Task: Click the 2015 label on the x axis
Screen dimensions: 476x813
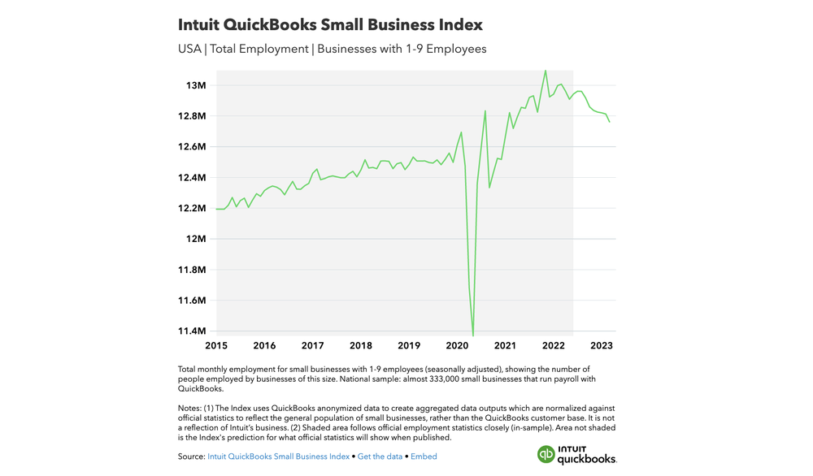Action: coord(216,345)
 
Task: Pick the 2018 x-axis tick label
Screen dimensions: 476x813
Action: coord(361,345)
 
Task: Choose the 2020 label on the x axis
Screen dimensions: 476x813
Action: coord(457,345)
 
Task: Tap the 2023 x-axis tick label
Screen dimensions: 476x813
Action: coord(602,345)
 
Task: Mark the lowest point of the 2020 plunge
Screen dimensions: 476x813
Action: coord(473,335)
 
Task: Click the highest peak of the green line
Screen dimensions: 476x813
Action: coord(546,71)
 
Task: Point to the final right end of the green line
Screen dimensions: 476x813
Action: coord(610,122)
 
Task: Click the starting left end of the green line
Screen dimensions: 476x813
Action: coord(217,209)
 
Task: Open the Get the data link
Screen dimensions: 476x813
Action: coord(380,457)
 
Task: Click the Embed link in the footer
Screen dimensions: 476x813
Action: coord(424,457)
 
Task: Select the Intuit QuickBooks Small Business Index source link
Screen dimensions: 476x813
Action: coord(278,457)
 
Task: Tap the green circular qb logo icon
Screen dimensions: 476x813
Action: coord(546,454)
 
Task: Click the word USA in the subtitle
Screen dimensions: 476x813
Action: coord(190,49)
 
